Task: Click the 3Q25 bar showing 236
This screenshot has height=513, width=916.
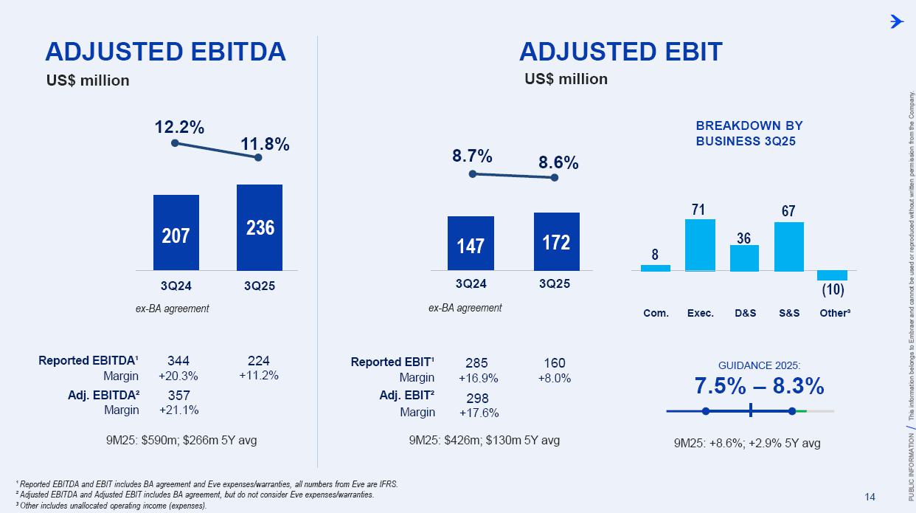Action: click(x=259, y=227)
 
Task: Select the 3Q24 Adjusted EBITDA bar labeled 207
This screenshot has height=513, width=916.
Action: click(x=176, y=232)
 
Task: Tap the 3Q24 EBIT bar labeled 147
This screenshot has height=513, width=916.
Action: click(x=471, y=243)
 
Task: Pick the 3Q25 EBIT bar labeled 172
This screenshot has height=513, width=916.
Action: click(x=556, y=241)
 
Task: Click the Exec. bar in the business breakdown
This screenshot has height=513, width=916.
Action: click(x=700, y=245)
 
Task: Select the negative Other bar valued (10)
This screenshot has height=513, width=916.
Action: click(x=833, y=275)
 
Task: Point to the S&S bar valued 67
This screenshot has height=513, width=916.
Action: click(x=788, y=247)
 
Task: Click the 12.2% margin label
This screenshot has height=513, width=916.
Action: click(x=179, y=127)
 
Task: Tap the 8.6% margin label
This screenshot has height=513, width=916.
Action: click(x=558, y=162)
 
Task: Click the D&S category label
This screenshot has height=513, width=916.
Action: click(x=745, y=313)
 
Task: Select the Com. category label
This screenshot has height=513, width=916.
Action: click(x=655, y=313)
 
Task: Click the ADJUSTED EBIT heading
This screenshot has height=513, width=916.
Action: click(x=620, y=52)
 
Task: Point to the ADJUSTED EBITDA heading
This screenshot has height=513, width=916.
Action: click(x=165, y=52)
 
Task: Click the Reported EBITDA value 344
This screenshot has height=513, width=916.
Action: click(x=178, y=361)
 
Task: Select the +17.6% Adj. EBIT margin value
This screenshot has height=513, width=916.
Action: click(x=479, y=413)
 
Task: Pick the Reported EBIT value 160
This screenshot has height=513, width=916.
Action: click(x=554, y=362)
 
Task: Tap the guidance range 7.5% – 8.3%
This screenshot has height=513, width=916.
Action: click(x=759, y=385)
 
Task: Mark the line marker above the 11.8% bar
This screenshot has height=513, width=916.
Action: click(x=258, y=157)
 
